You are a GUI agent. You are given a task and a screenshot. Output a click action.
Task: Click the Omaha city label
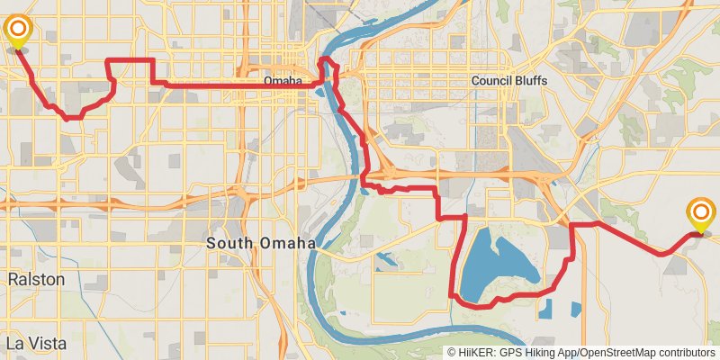[283, 82]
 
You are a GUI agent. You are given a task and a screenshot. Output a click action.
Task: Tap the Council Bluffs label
[508, 81]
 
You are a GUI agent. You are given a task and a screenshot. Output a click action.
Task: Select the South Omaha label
[261, 243]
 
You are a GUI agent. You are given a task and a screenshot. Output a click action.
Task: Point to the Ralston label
[36, 280]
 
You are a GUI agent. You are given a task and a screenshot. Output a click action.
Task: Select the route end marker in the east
[701, 215]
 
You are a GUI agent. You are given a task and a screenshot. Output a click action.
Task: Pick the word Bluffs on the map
[528, 81]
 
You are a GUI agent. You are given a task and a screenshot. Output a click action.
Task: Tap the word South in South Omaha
[230, 243]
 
